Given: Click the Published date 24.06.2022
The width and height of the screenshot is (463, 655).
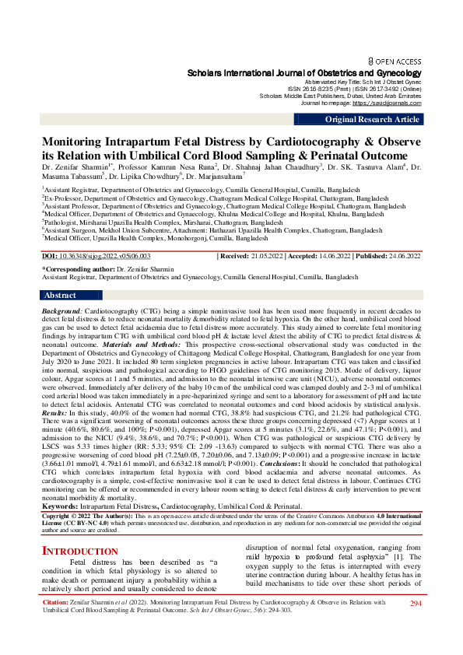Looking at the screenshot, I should pos(401,256).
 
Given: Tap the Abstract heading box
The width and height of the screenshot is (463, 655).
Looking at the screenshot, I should pos(60,296).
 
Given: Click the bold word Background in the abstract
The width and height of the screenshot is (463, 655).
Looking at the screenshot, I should pos(62,310).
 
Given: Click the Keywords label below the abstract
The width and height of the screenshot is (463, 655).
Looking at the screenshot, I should pos(63,484).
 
